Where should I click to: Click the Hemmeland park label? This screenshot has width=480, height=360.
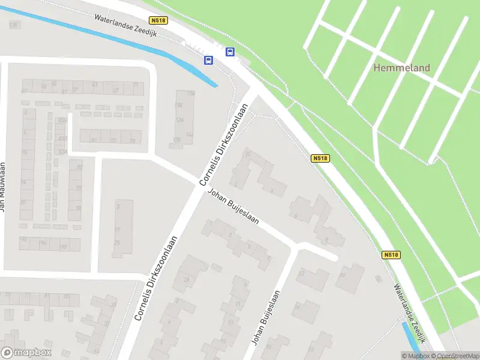coord(401,68)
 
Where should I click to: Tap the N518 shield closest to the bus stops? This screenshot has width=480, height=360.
coord(158,20)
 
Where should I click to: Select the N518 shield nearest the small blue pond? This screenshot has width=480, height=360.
coord(390,255)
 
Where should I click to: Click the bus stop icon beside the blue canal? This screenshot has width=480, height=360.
coord(209,60)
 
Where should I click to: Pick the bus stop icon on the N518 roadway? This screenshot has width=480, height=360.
coord(230,52)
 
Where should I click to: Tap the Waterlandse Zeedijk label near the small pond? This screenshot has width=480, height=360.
coord(410,313)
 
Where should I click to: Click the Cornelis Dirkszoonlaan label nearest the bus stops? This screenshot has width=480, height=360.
coord(224,145)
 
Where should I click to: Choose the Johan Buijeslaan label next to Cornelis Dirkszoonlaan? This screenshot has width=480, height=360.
coord(233,207)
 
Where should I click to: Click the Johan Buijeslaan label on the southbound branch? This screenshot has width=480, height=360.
coord(266,318)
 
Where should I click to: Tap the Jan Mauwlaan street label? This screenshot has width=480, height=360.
coord(3,186)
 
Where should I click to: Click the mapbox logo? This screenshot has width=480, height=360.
coord(26,353)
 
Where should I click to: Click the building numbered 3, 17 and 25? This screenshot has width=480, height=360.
coord(122,228)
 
